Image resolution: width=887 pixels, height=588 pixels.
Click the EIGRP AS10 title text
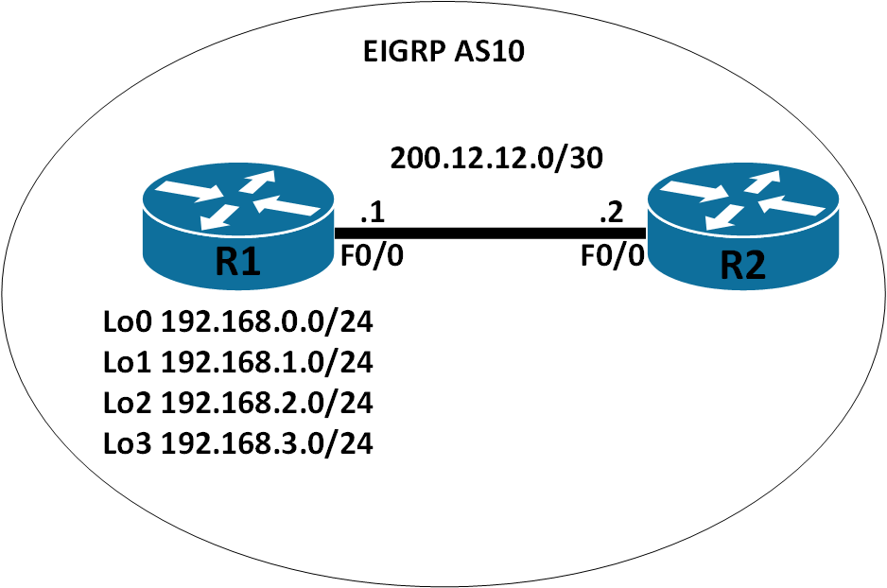pos(443,52)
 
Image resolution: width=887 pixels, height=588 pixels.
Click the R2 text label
pos(742,267)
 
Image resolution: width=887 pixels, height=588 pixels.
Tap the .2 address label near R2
pos(610,216)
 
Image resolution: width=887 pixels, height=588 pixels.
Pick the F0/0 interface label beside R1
pos(373,256)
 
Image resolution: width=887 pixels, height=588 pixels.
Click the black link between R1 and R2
pos(490,233)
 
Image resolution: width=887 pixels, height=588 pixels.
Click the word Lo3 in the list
pos(128,442)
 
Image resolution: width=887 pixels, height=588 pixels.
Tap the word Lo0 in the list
pos(128,323)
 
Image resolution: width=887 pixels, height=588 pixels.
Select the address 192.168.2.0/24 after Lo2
pos(268,403)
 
